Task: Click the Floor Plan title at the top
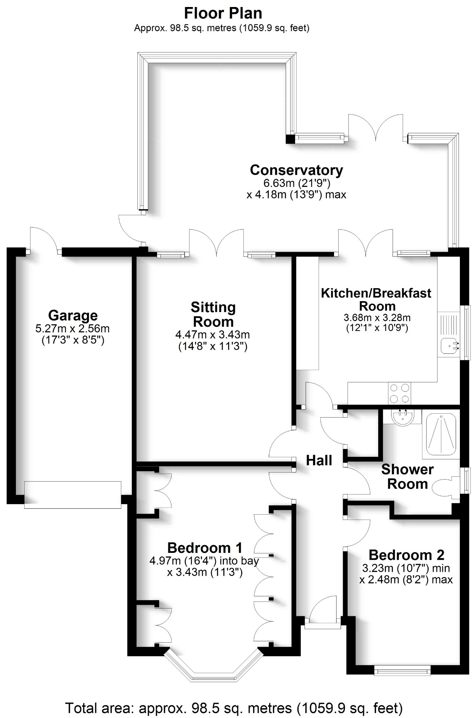(x=223, y=13)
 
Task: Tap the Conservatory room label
(x=296, y=170)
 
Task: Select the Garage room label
(x=73, y=316)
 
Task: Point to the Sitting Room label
(x=213, y=314)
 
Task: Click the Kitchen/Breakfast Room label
(x=376, y=299)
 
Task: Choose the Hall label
(x=319, y=460)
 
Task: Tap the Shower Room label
(x=407, y=476)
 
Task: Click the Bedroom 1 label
(x=205, y=547)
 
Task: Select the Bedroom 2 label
(x=406, y=555)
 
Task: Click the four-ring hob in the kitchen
(x=400, y=393)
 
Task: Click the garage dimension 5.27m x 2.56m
(x=73, y=329)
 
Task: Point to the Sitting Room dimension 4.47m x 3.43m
(x=212, y=334)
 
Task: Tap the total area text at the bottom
(x=234, y=708)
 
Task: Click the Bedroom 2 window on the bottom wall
(x=402, y=670)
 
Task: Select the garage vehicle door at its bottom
(x=73, y=495)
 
